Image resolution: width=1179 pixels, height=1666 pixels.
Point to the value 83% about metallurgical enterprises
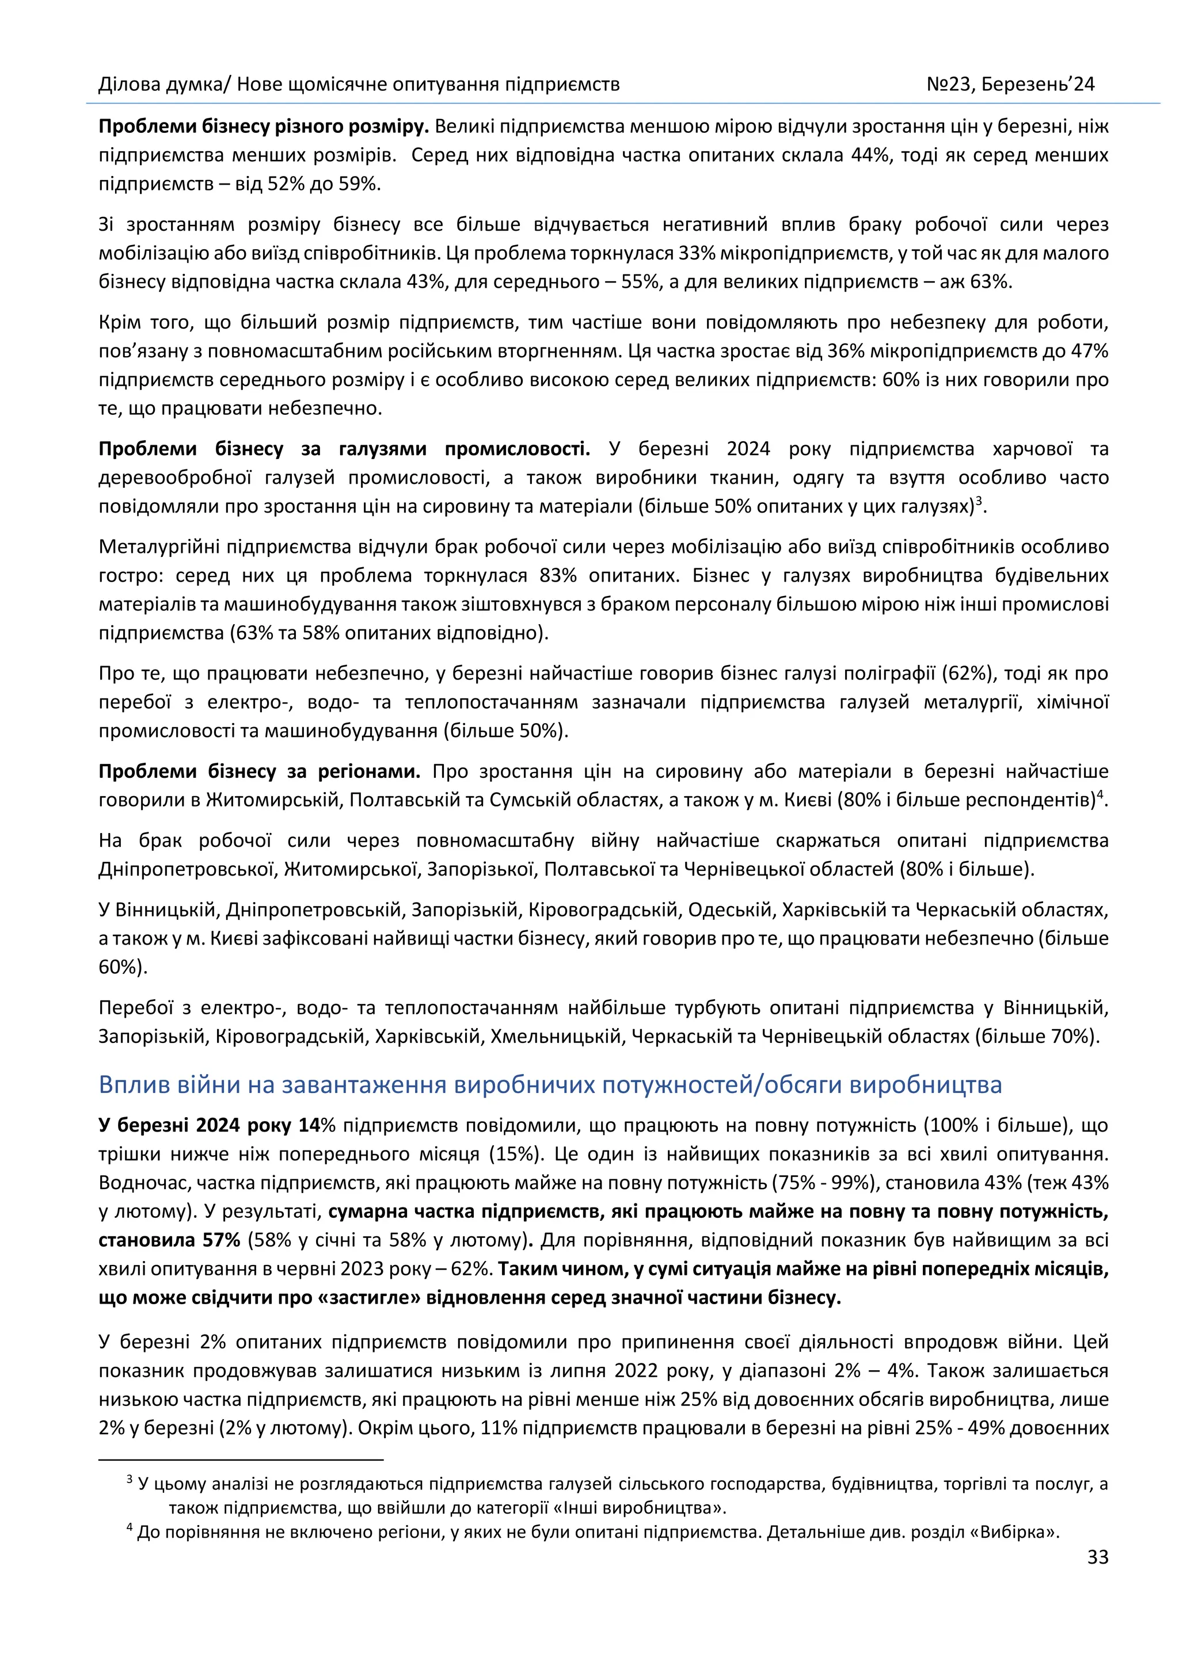tap(558, 576)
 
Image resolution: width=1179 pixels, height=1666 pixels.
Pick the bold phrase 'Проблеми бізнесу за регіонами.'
tap(259, 771)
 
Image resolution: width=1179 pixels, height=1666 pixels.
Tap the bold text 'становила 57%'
tap(169, 1240)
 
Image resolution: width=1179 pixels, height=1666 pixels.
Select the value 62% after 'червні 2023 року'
tap(472, 1269)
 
